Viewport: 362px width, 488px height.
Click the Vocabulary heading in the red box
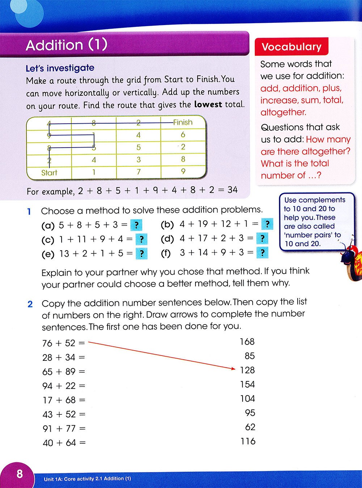pyautogui.click(x=291, y=47)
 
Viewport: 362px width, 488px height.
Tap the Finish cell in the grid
pyautogui.click(x=183, y=122)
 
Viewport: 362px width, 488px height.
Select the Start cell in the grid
pyautogui.click(x=49, y=173)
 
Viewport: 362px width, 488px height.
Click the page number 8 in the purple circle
pyautogui.click(x=20, y=473)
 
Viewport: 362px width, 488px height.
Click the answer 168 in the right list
pyautogui.click(x=247, y=342)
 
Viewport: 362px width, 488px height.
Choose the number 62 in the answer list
pyautogui.click(x=250, y=427)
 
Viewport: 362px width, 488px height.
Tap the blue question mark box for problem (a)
pyautogui.click(x=136, y=225)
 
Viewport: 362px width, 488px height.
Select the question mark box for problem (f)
pyautogui.click(x=262, y=252)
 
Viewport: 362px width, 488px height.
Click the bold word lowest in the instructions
pyautogui.click(x=208, y=104)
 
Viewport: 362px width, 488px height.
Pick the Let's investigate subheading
pyautogui.click(x=60, y=68)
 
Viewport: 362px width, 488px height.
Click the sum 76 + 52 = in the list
pyautogui.click(x=64, y=343)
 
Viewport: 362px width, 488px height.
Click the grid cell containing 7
pyautogui.click(x=138, y=172)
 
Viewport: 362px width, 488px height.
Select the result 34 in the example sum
pyautogui.click(x=232, y=190)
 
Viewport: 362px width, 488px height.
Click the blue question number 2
pyautogui.click(x=30, y=304)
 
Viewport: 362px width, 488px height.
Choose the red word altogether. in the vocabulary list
pyautogui.click(x=283, y=112)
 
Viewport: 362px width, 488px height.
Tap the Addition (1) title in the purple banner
pyautogui.click(x=67, y=45)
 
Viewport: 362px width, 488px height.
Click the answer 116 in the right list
pyautogui.click(x=248, y=441)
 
